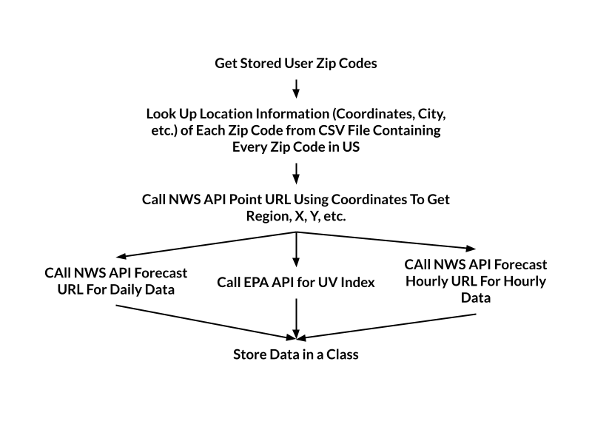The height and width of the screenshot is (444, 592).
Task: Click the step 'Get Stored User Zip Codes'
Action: point(296,63)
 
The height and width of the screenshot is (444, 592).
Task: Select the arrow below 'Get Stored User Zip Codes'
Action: point(296,88)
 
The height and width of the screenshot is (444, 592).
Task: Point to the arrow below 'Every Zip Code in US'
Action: point(296,173)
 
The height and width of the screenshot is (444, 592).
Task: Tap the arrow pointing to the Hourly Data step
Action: point(385,240)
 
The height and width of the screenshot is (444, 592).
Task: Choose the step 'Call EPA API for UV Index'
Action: point(296,282)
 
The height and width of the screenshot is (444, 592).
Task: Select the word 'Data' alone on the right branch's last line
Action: point(475,297)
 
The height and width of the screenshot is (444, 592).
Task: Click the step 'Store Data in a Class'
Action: point(296,354)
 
